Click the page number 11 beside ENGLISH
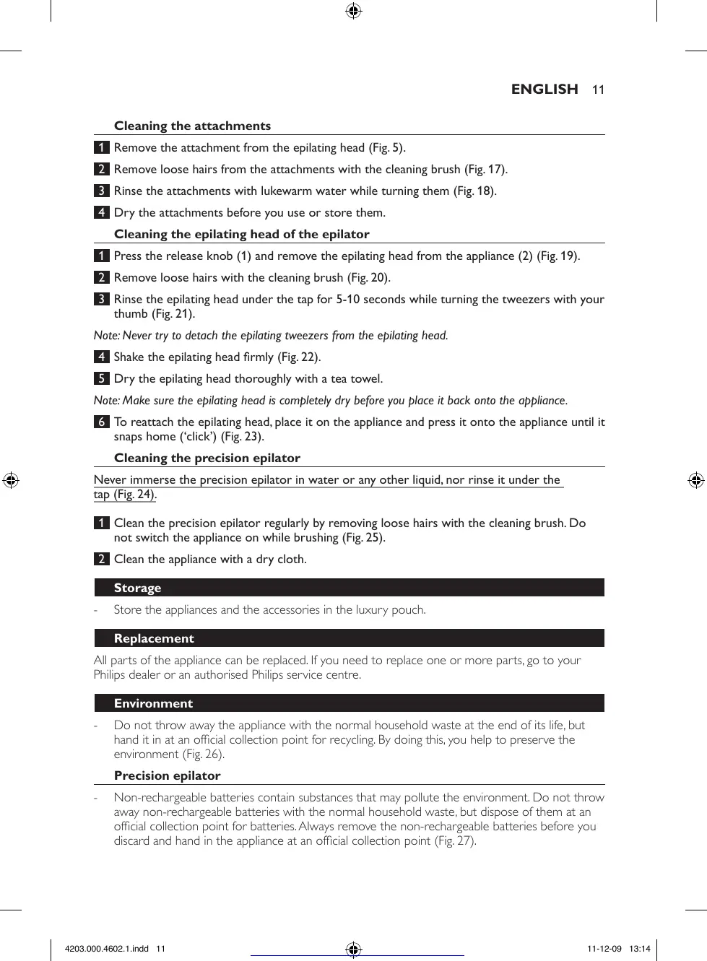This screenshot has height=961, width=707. click(598, 90)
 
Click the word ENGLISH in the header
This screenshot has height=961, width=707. click(545, 89)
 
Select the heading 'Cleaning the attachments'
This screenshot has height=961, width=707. click(192, 126)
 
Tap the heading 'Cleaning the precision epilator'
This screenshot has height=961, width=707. click(207, 458)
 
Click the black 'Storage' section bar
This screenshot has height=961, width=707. click(349, 588)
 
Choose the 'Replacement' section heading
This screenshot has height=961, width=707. click(154, 638)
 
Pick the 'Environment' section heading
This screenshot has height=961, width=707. click(153, 703)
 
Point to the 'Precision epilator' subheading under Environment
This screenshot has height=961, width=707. click(167, 775)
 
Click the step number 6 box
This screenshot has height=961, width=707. click(102, 422)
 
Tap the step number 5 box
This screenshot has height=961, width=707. click(102, 378)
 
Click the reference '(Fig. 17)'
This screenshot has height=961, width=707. click(485, 169)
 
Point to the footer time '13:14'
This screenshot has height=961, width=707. click(640, 949)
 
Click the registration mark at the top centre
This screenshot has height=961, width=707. click(353, 11)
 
